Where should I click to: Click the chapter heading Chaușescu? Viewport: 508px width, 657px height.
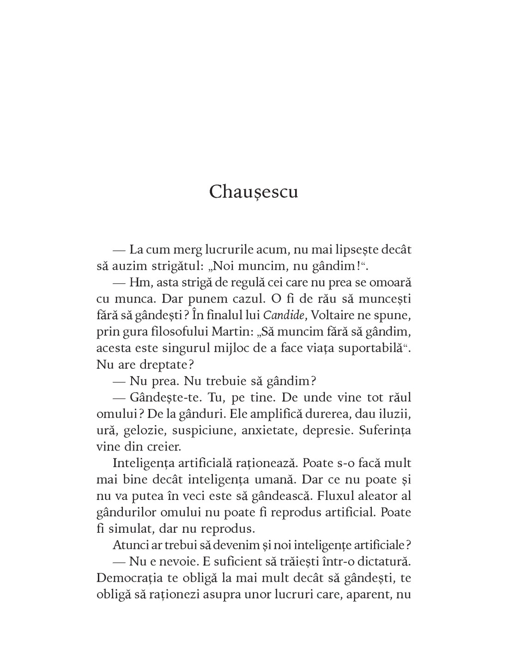click(254, 192)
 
